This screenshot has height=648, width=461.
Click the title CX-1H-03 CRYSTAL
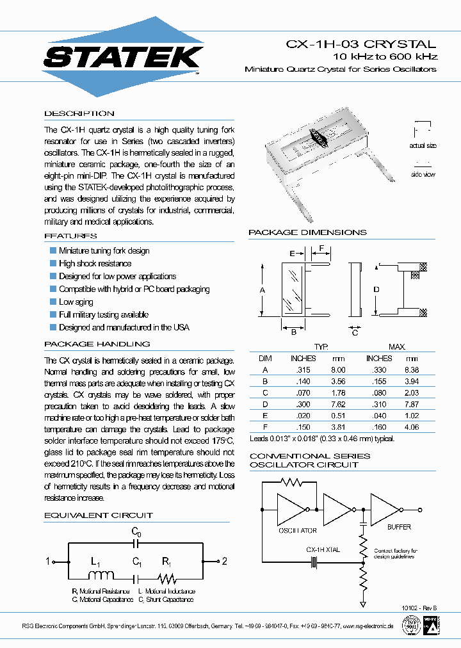[x=361, y=44]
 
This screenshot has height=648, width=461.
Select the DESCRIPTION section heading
[x=79, y=113]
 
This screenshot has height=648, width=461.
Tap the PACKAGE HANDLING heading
[x=97, y=344]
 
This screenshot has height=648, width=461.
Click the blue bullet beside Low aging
[x=53, y=302]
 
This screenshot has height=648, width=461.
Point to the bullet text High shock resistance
[x=95, y=263]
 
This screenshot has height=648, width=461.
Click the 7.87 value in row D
[x=412, y=404]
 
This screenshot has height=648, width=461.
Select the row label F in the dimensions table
[x=264, y=427]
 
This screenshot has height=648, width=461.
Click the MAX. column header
[x=396, y=346]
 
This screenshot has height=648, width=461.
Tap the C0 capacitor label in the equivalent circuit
[x=136, y=531]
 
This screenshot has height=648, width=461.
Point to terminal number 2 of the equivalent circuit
[x=225, y=562]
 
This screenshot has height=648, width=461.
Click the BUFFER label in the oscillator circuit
[x=399, y=527]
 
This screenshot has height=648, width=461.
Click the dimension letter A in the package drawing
[x=263, y=290]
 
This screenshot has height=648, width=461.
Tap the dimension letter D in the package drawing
[x=376, y=290]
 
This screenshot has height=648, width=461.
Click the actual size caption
[x=423, y=146]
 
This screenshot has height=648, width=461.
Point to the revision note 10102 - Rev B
[x=419, y=607]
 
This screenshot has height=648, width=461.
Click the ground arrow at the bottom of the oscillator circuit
[x=363, y=603]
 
